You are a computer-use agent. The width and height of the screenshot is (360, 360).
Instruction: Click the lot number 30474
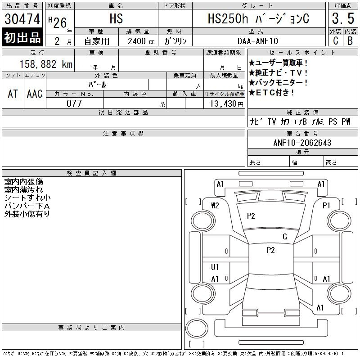(x=22, y=19)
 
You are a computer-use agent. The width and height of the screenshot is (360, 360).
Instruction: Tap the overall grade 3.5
(x=343, y=18)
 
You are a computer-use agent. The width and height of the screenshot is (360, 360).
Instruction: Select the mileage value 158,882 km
(x=46, y=64)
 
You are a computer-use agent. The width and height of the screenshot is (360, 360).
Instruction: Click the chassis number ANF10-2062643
(x=302, y=143)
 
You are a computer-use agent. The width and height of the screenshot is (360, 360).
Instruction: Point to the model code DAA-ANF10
(x=257, y=41)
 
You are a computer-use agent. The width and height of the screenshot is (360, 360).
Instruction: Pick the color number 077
(x=74, y=103)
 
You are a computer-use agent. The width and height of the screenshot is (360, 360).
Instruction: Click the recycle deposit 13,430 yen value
(x=226, y=104)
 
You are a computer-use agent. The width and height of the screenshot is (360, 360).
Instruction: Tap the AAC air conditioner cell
(x=35, y=94)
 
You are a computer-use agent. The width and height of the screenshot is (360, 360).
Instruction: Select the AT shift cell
(x=13, y=94)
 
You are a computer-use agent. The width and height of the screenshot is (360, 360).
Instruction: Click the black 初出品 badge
(x=22, y=37)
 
